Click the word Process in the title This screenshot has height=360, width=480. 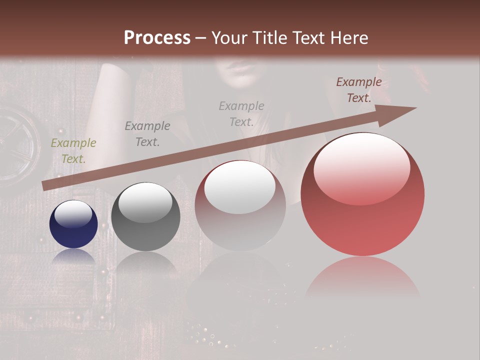[157, 37]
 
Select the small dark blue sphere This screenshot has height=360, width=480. [73, 224]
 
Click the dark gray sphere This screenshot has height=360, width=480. [145, 216]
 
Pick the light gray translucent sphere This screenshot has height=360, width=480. [240, 205]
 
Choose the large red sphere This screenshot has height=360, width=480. [362, 194]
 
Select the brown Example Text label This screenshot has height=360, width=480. [358, 90]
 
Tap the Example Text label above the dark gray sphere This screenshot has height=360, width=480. [147, 134]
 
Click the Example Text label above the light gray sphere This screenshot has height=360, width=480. [241, 113]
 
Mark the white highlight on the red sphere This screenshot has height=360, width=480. [361, 167]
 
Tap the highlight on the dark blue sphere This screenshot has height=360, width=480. [73, 214]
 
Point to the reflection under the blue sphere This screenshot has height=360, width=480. [73, 256]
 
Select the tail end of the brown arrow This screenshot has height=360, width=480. [46, 185]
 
